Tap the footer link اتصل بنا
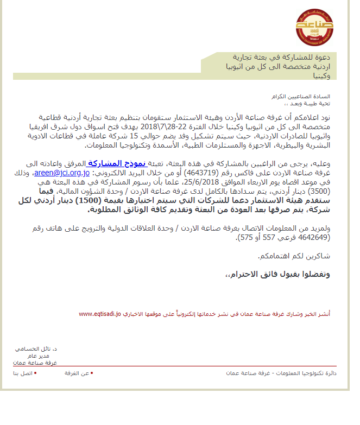click(23, 373)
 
